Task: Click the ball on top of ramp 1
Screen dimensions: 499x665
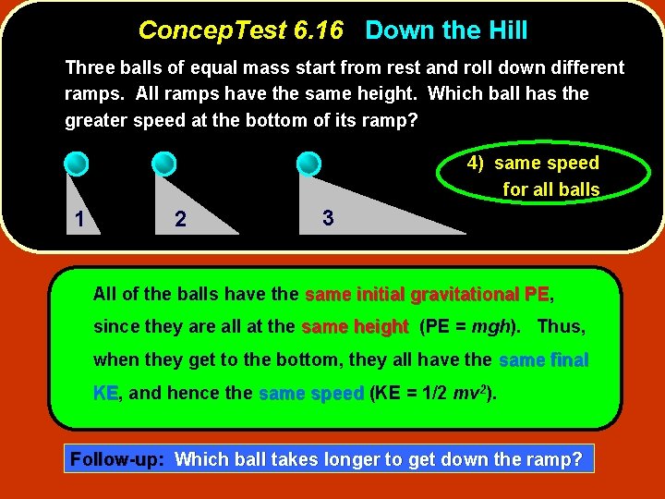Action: [77, 164]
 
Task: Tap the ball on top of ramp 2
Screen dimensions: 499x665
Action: [163, 164]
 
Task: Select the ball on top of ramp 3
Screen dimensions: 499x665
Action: [308, 164]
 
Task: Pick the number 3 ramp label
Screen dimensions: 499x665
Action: [327, 218]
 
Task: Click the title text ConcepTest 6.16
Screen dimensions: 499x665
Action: [240, 30]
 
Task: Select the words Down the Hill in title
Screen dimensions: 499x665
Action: [446, 30]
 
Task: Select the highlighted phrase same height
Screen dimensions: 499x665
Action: [355, 327]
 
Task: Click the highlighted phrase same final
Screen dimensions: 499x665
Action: [543, 360]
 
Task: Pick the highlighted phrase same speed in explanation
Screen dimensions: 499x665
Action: [310, 394]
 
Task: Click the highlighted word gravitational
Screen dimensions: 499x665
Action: [465, 294]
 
